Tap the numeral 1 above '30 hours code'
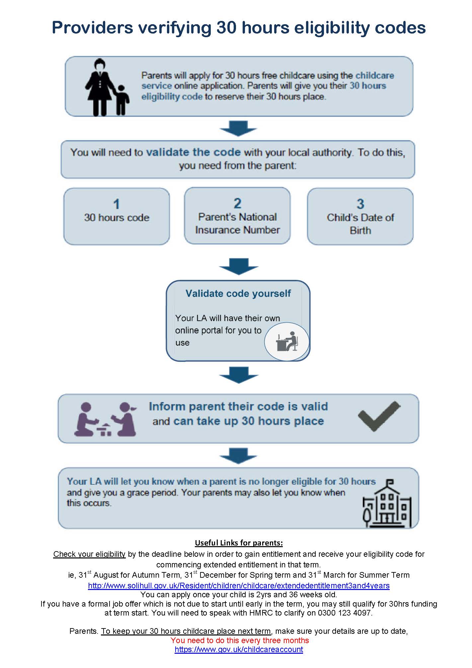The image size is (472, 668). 117,204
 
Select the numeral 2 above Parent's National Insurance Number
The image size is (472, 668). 237,204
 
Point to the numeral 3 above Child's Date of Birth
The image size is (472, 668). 360,204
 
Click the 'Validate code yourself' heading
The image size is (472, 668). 238,293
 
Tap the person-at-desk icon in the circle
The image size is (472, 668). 287,341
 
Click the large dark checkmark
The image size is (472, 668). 379,416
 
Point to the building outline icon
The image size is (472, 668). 387,503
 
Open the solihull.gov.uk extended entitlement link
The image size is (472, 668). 239,585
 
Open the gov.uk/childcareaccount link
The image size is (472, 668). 239,649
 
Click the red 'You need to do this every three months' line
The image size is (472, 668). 240,640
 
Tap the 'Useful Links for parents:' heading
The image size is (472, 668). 239,543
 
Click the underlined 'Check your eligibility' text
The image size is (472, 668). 89,554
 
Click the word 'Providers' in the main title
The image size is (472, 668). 93,28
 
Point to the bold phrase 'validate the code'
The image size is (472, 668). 194,152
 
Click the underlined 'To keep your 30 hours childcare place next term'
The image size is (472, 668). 186,631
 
